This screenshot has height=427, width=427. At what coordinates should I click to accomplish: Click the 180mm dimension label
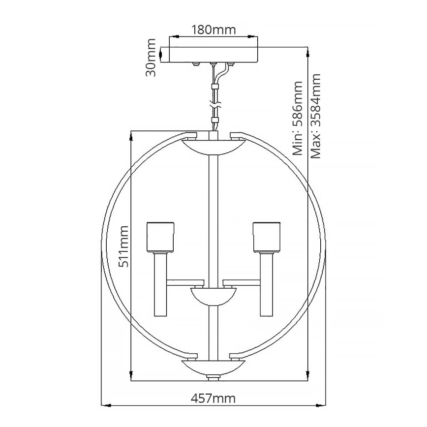click(213, 29)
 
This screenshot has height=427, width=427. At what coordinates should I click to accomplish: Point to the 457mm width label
click(213, 397)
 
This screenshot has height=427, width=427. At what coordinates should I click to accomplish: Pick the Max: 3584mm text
click(316, 117)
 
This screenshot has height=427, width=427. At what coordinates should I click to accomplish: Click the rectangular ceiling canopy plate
click(213, 55)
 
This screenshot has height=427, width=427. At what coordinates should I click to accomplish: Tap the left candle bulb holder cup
click(160, 237)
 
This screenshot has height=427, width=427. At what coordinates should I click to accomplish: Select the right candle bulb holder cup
click(266, 237)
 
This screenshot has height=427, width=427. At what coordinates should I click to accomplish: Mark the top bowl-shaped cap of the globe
click(213, 146)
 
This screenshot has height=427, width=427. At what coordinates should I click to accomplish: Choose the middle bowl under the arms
click(213, 296)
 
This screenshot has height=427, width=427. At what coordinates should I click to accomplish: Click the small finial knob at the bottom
click(213, 378)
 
